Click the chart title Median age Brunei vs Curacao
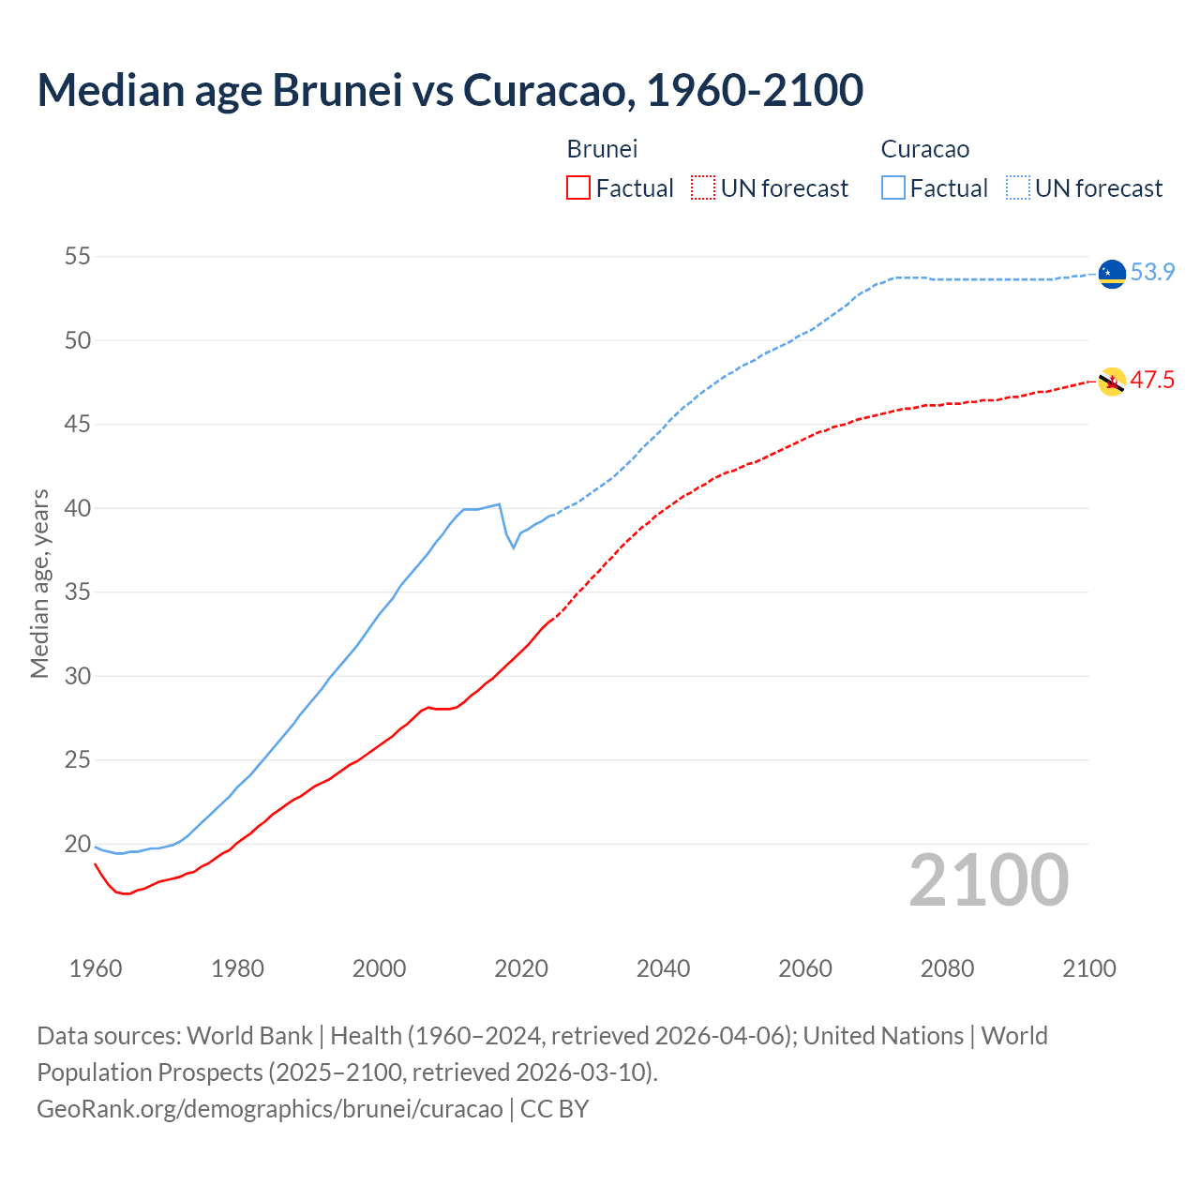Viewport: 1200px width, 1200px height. (x=450, y=90)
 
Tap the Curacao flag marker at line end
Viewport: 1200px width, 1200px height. (x=1112, y=273)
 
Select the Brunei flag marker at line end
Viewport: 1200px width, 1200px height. (x=1112, y=382)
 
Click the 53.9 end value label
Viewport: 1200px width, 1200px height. (x=1152, y=273)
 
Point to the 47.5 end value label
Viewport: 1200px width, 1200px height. (x=1152, y=381)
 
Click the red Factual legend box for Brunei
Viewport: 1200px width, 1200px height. (x=578, y=188)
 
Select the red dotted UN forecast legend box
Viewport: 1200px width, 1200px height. (x=703, y=188)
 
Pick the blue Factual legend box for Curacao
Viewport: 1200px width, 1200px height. (x=893, y=188)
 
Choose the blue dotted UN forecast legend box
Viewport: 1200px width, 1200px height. (x=1018, y=188)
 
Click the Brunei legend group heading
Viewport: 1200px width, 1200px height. (x=602, y=149)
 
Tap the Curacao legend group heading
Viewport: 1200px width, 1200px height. (x=924, y=149)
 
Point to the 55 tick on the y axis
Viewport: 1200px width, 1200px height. (x=78, y=257)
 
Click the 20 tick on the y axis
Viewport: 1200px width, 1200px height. (x=78, y=844)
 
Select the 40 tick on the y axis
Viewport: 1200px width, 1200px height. (x=78, y=508)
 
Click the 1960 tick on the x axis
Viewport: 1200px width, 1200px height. (x=96, y=968)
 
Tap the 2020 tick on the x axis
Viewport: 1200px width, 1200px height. (x=521, y=968)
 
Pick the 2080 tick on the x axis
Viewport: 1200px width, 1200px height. (x=947, y=968)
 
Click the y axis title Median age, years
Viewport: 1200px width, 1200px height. (x=39, y=583)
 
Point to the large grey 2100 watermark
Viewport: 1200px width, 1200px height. (x=989, y=880)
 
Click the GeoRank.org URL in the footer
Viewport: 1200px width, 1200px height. (x=270, y=1109)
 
